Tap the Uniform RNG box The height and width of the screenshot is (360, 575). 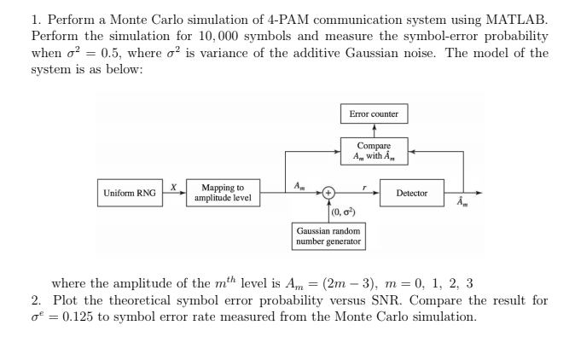click(x=130, y=194)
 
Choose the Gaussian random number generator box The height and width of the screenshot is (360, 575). click(x=328, y=236)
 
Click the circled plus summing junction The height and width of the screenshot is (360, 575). click(x=328, y=194)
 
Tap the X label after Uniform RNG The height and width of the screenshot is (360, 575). click(x=172, y=185)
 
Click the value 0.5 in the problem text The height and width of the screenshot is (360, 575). click(x=113, y=55)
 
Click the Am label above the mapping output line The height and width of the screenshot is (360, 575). click(x=296, y=184)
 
